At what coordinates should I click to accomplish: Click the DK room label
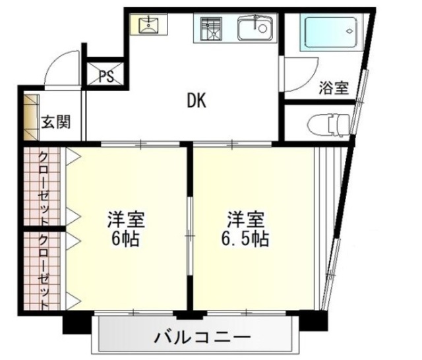coord(196,101)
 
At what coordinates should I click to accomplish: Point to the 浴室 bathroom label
coord(334,88)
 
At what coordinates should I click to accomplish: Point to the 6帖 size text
coord(125,239)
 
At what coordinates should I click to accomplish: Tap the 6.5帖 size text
coord(245,239)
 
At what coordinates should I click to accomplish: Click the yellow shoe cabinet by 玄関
coord(30,117)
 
